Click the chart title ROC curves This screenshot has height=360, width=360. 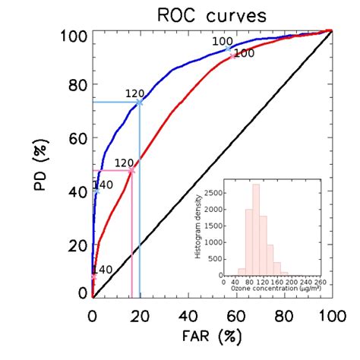click(212, 14)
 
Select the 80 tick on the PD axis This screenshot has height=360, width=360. click(77, 86)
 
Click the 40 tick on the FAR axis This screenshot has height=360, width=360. click(188, 314)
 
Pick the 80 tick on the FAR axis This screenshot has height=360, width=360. click(284, 314)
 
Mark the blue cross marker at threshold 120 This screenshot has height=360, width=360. click(139, 102)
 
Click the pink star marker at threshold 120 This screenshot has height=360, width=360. click(131, 171)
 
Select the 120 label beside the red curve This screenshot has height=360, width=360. click(124, 163)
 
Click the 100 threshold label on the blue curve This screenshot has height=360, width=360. click(222, 41)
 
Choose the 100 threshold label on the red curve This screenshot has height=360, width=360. click(244, 53)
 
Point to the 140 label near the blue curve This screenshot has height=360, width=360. click(103, 185)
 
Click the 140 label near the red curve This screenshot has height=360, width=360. click(103, 270)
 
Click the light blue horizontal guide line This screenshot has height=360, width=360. click(115, 102)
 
